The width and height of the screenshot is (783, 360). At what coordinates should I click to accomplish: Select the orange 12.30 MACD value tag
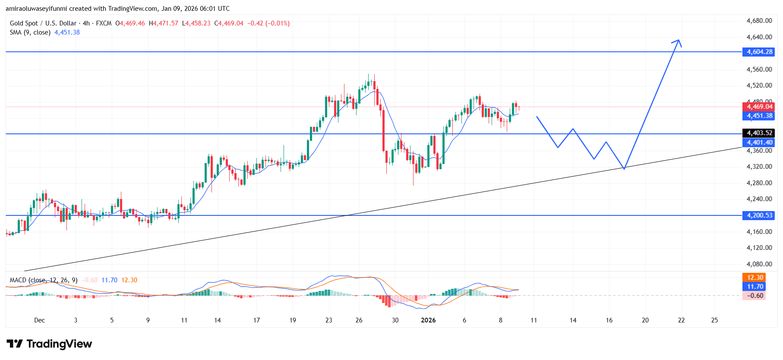[x=755, y=278]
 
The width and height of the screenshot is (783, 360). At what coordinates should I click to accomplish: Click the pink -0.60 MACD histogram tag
[x=755, y=296]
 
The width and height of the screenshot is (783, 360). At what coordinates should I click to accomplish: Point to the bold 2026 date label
[x=428, y=320]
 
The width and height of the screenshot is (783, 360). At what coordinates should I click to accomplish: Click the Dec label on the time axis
[x=39, y=320]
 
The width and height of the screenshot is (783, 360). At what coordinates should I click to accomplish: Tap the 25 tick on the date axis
[x=714, y=320]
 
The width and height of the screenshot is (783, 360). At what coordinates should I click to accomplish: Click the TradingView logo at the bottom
[x=49, y=344]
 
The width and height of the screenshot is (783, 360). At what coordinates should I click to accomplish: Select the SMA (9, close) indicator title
[x=30, y=32]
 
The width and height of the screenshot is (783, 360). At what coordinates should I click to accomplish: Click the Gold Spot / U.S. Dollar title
[x=43, y=23]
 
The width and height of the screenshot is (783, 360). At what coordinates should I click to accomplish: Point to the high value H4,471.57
[x=163, y=23]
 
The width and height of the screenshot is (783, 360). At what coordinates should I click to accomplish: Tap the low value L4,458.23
[x=196, y=23]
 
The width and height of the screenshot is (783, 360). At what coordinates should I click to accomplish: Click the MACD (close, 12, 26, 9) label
[x=44, y=280]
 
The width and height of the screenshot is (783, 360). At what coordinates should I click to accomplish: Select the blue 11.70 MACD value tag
[x=755, y=287]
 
